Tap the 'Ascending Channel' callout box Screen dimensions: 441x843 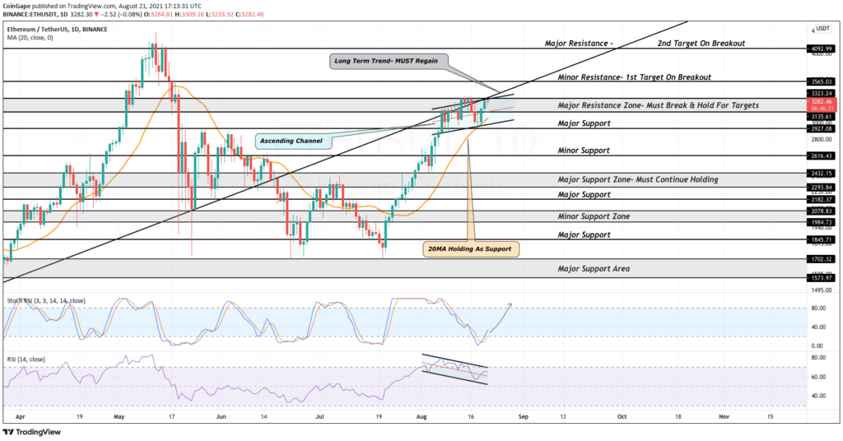click(292, 141)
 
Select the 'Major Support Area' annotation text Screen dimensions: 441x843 click(594, 269)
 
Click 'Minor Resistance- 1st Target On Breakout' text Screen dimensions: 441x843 click(634, 77)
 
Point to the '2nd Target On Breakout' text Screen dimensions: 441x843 click(701, 43)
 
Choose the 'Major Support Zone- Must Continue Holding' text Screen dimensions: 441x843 click(638, 179)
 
